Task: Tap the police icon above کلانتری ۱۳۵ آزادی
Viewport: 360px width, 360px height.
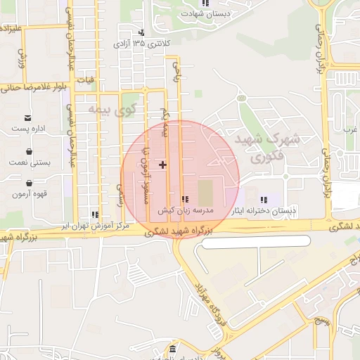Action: pyautogui.click(x=141, y=32)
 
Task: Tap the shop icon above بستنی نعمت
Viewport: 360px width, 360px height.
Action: pyautogui.click(x=28, y=150)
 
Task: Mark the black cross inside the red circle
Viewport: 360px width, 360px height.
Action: pyautogui.click(x=163, y=165)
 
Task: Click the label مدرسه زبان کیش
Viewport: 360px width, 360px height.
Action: pyautogui.click(x=184, y=210)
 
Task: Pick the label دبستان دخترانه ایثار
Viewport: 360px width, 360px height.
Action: pyautogui.click(x=265, y=210)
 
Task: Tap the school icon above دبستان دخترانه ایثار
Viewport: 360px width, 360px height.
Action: pyautogui.click(x=264, y=200)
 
